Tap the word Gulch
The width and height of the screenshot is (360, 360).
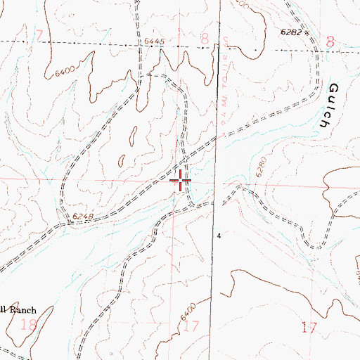point(337,104)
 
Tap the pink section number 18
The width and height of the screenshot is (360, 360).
point(30,324)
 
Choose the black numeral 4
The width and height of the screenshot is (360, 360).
point(219,236)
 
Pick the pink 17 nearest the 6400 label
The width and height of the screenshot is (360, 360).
point(191,326)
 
